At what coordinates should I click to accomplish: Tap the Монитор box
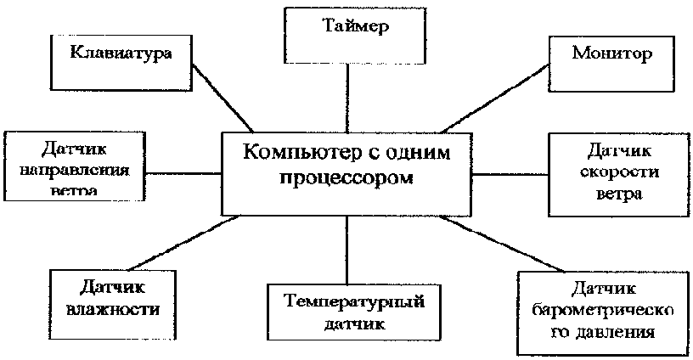[x=611, y=56]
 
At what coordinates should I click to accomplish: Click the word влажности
[x=113, y=307]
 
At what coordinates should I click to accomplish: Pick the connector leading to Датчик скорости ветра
[x=510, y=173]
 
